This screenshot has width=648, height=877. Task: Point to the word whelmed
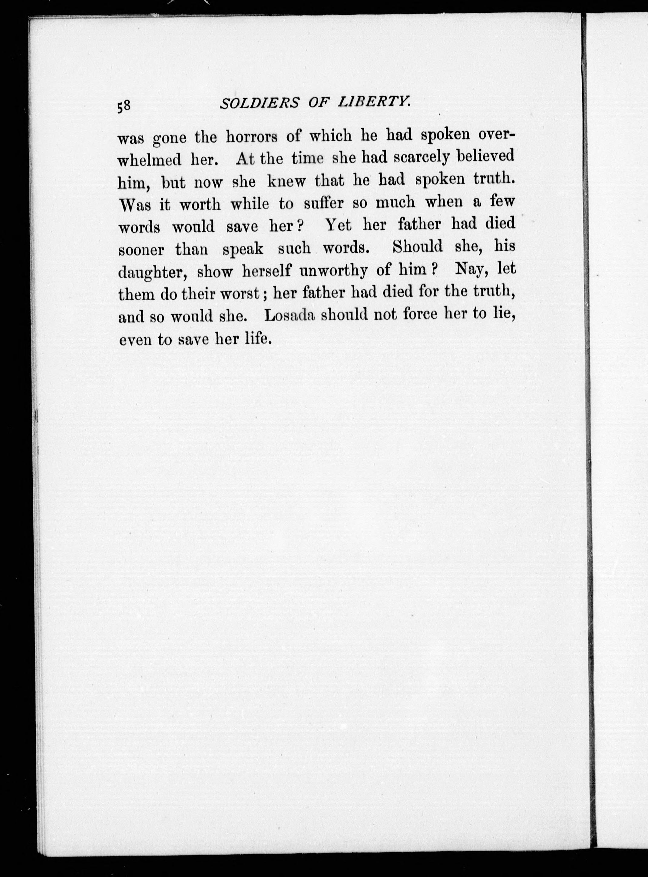(x=150, y=160)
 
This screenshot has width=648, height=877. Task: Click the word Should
(x=417, y=247)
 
